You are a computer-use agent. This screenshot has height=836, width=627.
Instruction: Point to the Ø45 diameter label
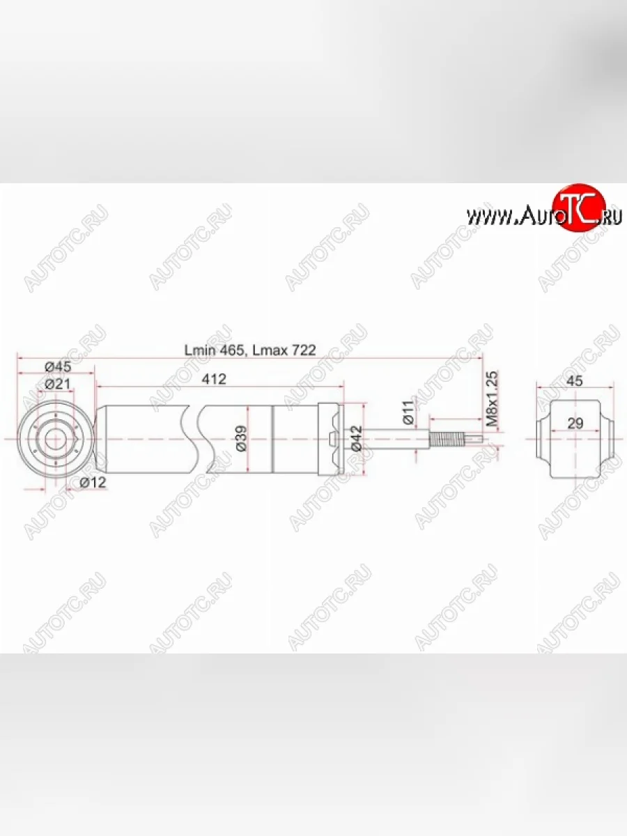pos(58,367)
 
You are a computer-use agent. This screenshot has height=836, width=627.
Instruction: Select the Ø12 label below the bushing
pos(93,482)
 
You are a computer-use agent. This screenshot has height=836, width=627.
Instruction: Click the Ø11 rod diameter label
pos(409,413)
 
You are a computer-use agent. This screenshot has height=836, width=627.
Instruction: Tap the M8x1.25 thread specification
pos(492,399)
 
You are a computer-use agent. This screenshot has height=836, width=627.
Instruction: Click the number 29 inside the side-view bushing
pos(575,423)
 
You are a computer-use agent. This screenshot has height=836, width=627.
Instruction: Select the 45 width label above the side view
pos(575,380)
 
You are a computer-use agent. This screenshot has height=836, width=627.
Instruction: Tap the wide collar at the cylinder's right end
pos(329,439)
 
